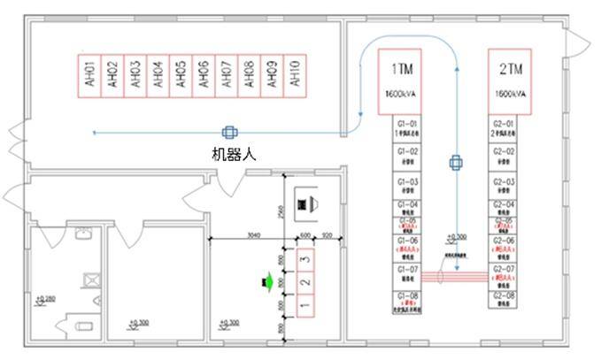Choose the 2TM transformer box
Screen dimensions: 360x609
point(512,81)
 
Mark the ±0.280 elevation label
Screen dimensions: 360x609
point(43,299)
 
